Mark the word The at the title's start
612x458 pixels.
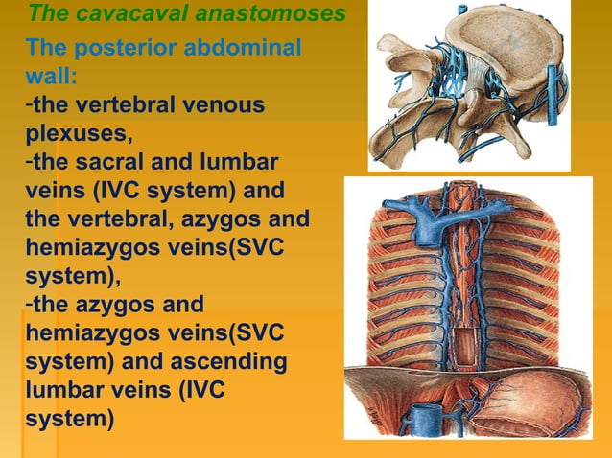(x=45, y=14)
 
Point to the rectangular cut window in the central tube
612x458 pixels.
(x=467, y=345)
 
